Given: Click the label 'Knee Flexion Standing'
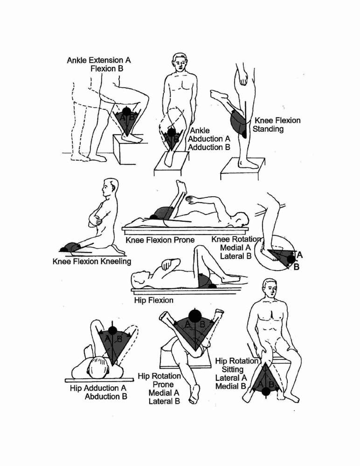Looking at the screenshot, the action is (276, 124).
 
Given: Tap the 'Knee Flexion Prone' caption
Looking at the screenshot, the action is (160, 240).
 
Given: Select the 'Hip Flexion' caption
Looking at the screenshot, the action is (153, 300).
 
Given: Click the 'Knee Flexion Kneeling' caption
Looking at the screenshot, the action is (92, 261).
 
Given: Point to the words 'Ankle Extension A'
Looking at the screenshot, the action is (99, 60).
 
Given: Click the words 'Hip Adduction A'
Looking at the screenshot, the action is (98, 388).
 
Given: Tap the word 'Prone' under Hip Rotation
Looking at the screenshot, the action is (163, 384).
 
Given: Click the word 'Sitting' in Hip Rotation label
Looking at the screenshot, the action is (233, 370).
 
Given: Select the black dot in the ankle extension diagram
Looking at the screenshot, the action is (126, 111).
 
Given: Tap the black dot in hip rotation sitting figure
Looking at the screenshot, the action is (266, 392).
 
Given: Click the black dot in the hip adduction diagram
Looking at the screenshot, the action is (112, 330).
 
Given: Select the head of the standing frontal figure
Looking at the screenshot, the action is (181, 62).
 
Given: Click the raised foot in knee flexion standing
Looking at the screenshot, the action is (219, 96).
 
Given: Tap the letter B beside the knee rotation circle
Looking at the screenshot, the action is (296, 267).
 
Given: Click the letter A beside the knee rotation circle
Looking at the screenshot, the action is (299, 255).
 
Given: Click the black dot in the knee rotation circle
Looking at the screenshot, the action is (291, 259).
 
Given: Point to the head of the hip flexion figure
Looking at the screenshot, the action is (140, 279).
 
